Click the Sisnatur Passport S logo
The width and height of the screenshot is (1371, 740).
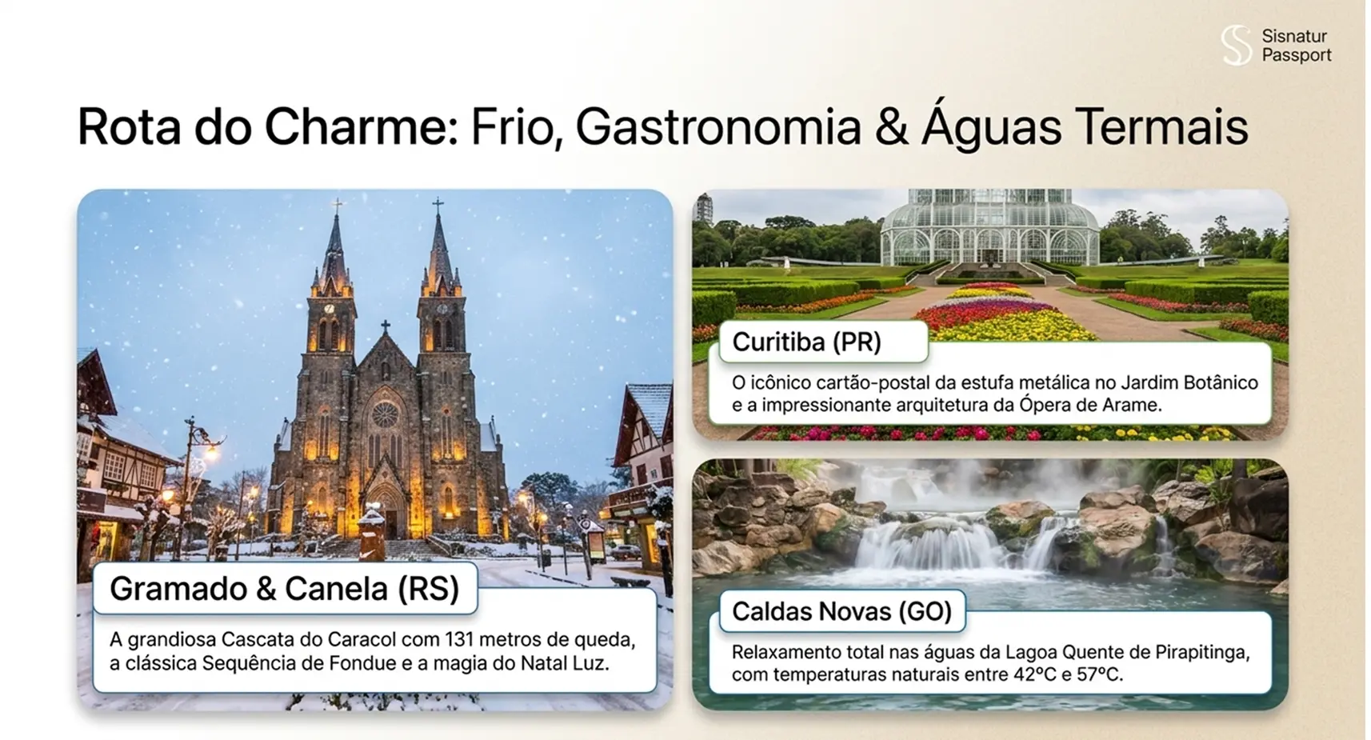pyautogui.click(x=1237, y=46)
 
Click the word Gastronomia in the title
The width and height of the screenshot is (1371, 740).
pyautogui.click(x=718, y=127)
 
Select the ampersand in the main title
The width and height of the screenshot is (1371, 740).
pyautogui.click(x=892, y=127)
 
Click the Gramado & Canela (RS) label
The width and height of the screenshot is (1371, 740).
pyautogui.click(x=285, y=588)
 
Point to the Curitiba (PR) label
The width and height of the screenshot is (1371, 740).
pyautogui.click(x=807, y=342)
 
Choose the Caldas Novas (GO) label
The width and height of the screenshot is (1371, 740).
pyautogui.click(x=841, y=611)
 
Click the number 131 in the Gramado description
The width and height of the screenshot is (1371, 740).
pyautogui.click(x=459, y=639)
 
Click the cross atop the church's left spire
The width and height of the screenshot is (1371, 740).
pyautogui.click(x=337, y=206)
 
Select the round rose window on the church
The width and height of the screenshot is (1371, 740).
pyautogui.click(x=385, y=415)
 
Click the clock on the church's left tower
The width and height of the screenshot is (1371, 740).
pyautogui.click(x=330, y=309)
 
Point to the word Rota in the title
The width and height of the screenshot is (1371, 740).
pyautogui.click(x=129, y=127)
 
